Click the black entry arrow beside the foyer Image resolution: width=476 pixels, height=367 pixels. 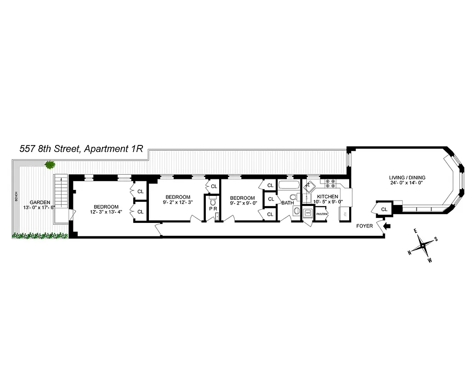click(x=386, y=225)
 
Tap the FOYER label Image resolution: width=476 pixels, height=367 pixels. click(x=364, y=226)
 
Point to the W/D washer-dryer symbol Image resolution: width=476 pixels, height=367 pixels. click(x=308, y=213)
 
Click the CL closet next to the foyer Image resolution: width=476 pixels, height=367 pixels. click(x=384, y=209)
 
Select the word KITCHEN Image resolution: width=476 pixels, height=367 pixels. click(x=327, y=196)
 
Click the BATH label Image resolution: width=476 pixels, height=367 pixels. click(x=288, y=202)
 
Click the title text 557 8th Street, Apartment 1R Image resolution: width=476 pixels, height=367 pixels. click(x=81, y=149)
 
